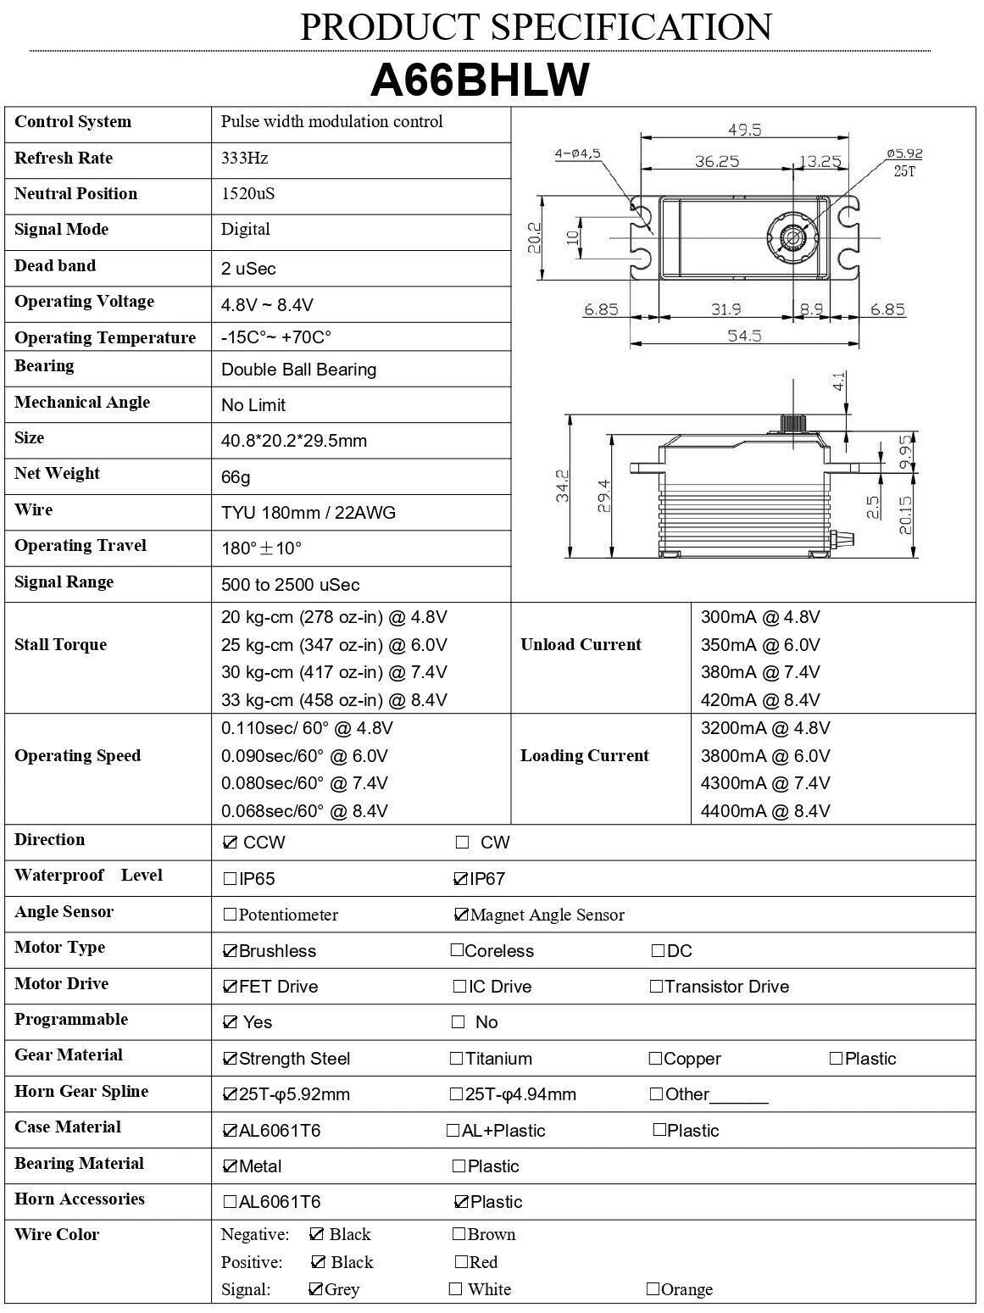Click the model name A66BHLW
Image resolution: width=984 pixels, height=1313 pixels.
pyautogui.click(x=480, y=81)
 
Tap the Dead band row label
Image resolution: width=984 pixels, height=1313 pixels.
pyautogui.click(x=55, y=266)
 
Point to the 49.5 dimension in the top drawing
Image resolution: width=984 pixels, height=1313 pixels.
pyautogui.click(x=744, y=130)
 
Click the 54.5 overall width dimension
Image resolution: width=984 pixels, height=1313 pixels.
pyautogui.click(x=744, y=336)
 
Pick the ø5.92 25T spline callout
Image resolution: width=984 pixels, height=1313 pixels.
pyautogui.click(x=904, y=161)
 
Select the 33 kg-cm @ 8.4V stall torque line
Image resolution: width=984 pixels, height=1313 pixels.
pyautogui.click(x=334, y=700)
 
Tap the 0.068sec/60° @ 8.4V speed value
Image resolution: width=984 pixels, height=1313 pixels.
pyautogui.click(x=304, y=811)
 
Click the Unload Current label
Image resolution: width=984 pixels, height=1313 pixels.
pyautogui.click(x=581, y=645)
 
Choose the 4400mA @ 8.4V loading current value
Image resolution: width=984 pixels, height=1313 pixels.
pyautogui.click(x=764, y=811)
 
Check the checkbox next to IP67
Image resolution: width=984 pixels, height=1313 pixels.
pyautogui.click(x=461, y=879)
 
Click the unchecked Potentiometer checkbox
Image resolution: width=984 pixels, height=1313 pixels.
pyautogui.click(x=230, y=915)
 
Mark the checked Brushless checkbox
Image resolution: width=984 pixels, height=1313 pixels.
pyautogui.click(x=230, y=951)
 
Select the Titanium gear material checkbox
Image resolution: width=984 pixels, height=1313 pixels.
pyautogui.click(x=457, y=1058)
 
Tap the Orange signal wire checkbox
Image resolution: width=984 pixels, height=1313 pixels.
pyautogui.click(x=653, y=1289)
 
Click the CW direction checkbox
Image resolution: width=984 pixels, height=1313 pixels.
pyautogui.click(x=462, y=843)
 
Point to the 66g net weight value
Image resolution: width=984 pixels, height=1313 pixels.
pyautogui.click(x=236, y=477)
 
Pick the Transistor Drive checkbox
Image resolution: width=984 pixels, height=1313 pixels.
pyautogui.click(x=656, y=987)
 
